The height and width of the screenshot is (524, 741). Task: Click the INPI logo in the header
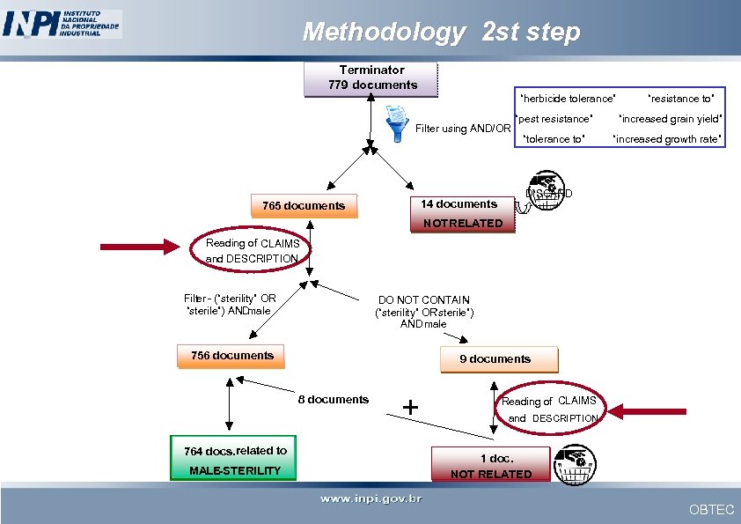(62, 24)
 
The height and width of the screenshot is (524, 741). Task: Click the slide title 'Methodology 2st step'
(441, 33)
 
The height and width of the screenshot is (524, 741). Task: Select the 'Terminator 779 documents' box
(371, 77)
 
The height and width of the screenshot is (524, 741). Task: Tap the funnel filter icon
(398, 122)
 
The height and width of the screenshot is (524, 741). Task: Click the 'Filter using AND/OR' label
(463, 129)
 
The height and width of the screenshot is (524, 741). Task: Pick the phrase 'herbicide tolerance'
(568, 99)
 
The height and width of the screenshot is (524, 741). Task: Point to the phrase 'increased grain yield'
(671, 119)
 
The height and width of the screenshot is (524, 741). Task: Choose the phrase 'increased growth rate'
(668, 139)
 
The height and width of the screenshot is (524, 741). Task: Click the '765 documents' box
(304, 206)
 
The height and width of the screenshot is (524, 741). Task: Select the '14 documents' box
(459, 204)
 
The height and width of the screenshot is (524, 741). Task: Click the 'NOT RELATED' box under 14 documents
(463, 224)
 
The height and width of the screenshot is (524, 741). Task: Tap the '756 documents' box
(232, 356)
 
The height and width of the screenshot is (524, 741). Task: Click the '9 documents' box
(495, 359)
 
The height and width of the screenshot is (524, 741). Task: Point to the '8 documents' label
(334, 400)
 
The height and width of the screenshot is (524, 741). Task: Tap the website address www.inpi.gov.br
(370, 499)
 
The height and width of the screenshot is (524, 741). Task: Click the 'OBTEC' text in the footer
(711, 510)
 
